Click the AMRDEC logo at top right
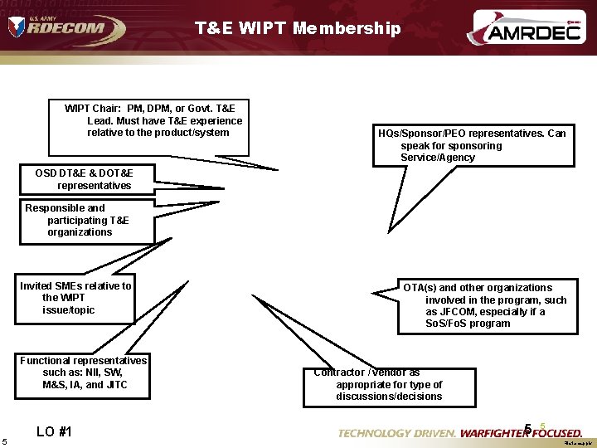point(525,29)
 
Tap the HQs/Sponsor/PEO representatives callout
point(472,145)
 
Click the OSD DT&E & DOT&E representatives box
point(83,179)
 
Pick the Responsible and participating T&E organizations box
point(86,221)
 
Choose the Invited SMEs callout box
point(75,298)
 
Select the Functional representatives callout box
point(83,373)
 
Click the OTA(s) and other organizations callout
point(488,306)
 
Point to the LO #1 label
point(54,431)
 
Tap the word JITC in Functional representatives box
point(115,385)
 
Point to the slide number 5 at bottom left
point(5,440)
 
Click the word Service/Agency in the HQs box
point(438,158)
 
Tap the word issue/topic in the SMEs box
point(69,310)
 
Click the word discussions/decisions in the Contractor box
point(389,397)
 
